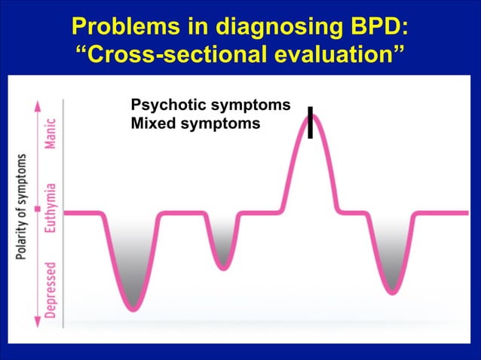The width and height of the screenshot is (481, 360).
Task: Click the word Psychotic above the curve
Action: pos(163,105)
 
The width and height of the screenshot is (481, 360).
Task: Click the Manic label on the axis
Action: pos(50,134)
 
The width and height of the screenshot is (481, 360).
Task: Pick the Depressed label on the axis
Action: pos(50,289)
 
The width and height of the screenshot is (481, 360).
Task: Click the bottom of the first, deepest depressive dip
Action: pos(133,307)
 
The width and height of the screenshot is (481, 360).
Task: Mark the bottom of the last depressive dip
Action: pos(391,291)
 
